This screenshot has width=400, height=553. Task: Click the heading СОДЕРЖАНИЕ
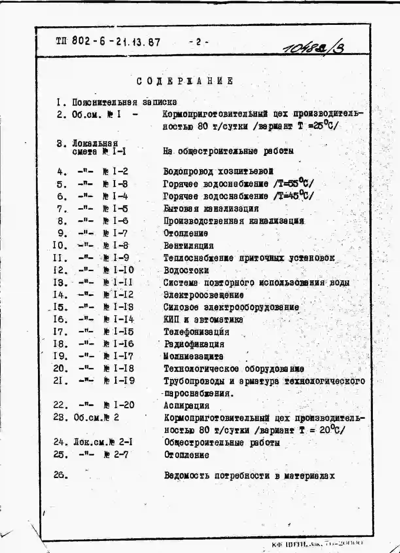185,81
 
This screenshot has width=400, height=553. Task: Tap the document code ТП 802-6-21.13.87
108,42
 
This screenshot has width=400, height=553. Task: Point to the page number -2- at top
199,42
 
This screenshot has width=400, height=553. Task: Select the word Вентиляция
188,246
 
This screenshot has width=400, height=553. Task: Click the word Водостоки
186,270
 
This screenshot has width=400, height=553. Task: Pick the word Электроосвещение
203,295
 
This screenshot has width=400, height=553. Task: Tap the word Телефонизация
196,332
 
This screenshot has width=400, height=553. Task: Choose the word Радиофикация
194,344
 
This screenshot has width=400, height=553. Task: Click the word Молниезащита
193,356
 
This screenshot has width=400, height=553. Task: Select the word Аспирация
186,406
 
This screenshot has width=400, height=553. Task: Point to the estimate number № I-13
118,307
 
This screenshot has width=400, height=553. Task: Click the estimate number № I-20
119,405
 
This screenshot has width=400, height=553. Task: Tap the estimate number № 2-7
116,454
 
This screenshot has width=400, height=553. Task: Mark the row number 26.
61,475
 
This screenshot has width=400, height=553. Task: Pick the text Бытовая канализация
211,209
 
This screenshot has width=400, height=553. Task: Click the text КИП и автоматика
203,320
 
